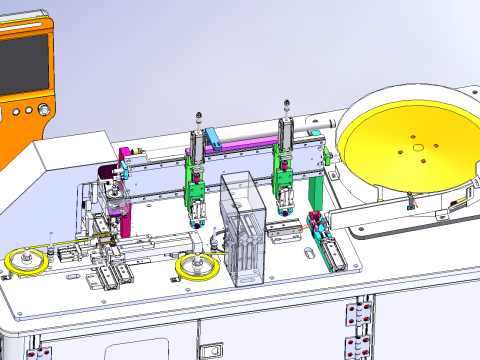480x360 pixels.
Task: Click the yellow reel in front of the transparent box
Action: [x=195, y=268]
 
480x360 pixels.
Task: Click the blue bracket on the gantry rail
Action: [x=213, y=136]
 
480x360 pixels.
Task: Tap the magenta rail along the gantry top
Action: [x=240, y=145]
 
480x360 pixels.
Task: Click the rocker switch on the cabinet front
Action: [x=211, y=349]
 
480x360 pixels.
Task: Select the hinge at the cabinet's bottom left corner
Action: [x=40, y=352]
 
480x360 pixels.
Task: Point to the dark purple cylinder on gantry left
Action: [x=106, y=178]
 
